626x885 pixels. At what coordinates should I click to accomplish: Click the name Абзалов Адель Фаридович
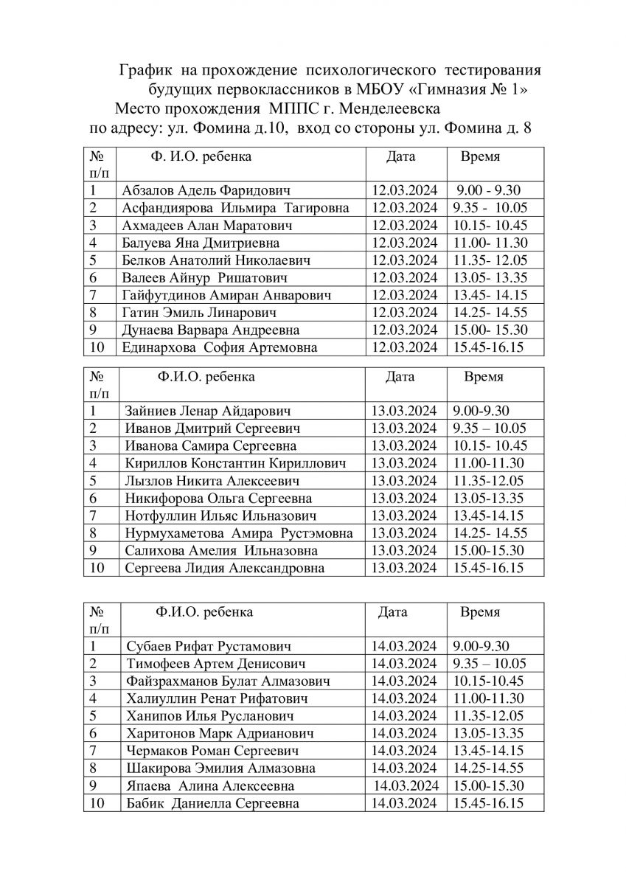(x=206, y=190)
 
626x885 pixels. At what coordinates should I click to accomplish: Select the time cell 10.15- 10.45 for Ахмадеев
(x=490, y=225)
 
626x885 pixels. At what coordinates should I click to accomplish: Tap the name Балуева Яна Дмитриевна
(x=200, y=242)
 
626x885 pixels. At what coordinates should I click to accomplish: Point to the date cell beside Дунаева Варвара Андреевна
(x=405, y=330)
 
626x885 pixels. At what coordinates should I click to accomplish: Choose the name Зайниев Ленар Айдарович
(x=206, y=412)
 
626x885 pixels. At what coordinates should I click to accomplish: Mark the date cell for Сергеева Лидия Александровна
(x=404, y=568)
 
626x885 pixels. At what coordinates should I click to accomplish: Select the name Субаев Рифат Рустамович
(x=209, y=646)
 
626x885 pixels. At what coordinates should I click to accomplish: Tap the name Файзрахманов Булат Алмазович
(x=223, y=681)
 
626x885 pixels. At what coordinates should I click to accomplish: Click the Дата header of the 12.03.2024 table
(x=400, y=156)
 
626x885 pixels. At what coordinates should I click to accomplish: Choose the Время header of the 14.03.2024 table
(x=480, y=612)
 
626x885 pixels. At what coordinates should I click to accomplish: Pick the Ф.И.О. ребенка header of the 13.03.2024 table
(x=206, y=377)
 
